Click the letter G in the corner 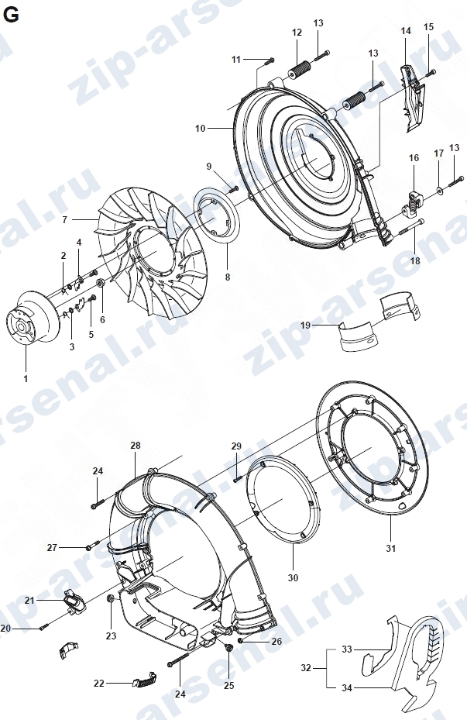11,16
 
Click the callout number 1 26,379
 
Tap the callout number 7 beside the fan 65,220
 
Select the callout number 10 200,128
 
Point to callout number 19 305,325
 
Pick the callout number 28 136,445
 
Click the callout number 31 391,548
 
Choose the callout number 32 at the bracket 306,667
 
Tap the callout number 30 293,577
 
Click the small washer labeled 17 439,189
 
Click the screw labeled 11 270,60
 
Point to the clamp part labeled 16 414,202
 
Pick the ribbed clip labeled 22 145,680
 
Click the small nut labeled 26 240,641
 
